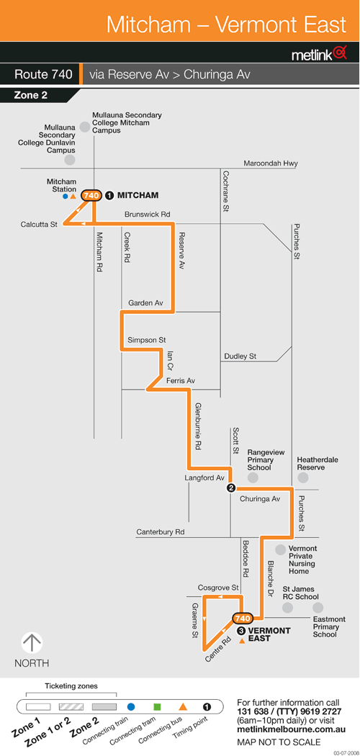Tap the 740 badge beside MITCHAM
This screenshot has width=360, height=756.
(x=91, y=195)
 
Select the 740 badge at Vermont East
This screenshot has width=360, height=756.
(x=243, y=618)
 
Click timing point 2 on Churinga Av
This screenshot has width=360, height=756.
(x=231, y=488)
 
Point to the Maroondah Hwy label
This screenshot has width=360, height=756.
(x=271, y=163)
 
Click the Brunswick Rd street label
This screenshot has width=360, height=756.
(x=148, y=214)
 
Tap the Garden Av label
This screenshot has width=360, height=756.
(x=145, y=303)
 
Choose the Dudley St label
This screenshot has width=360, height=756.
(x=240, y=356)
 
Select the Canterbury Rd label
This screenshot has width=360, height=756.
(x=161, y=532)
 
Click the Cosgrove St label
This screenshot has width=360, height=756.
(x=218, y=588)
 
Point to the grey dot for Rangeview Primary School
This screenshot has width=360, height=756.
(x=253, y=477)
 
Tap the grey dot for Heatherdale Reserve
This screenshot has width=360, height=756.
(x=302, y=477)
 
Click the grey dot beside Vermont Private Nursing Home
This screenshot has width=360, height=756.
(x=280, y=549)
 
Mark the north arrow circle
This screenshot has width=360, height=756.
(x=32, y=644)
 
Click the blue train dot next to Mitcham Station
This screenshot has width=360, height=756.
(x=65, y=197)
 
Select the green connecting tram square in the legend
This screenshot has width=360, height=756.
(x=157, y=707)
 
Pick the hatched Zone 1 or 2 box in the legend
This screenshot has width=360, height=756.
(x=71, y=707)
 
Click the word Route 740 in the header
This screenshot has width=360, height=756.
(x=43, y=75)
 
